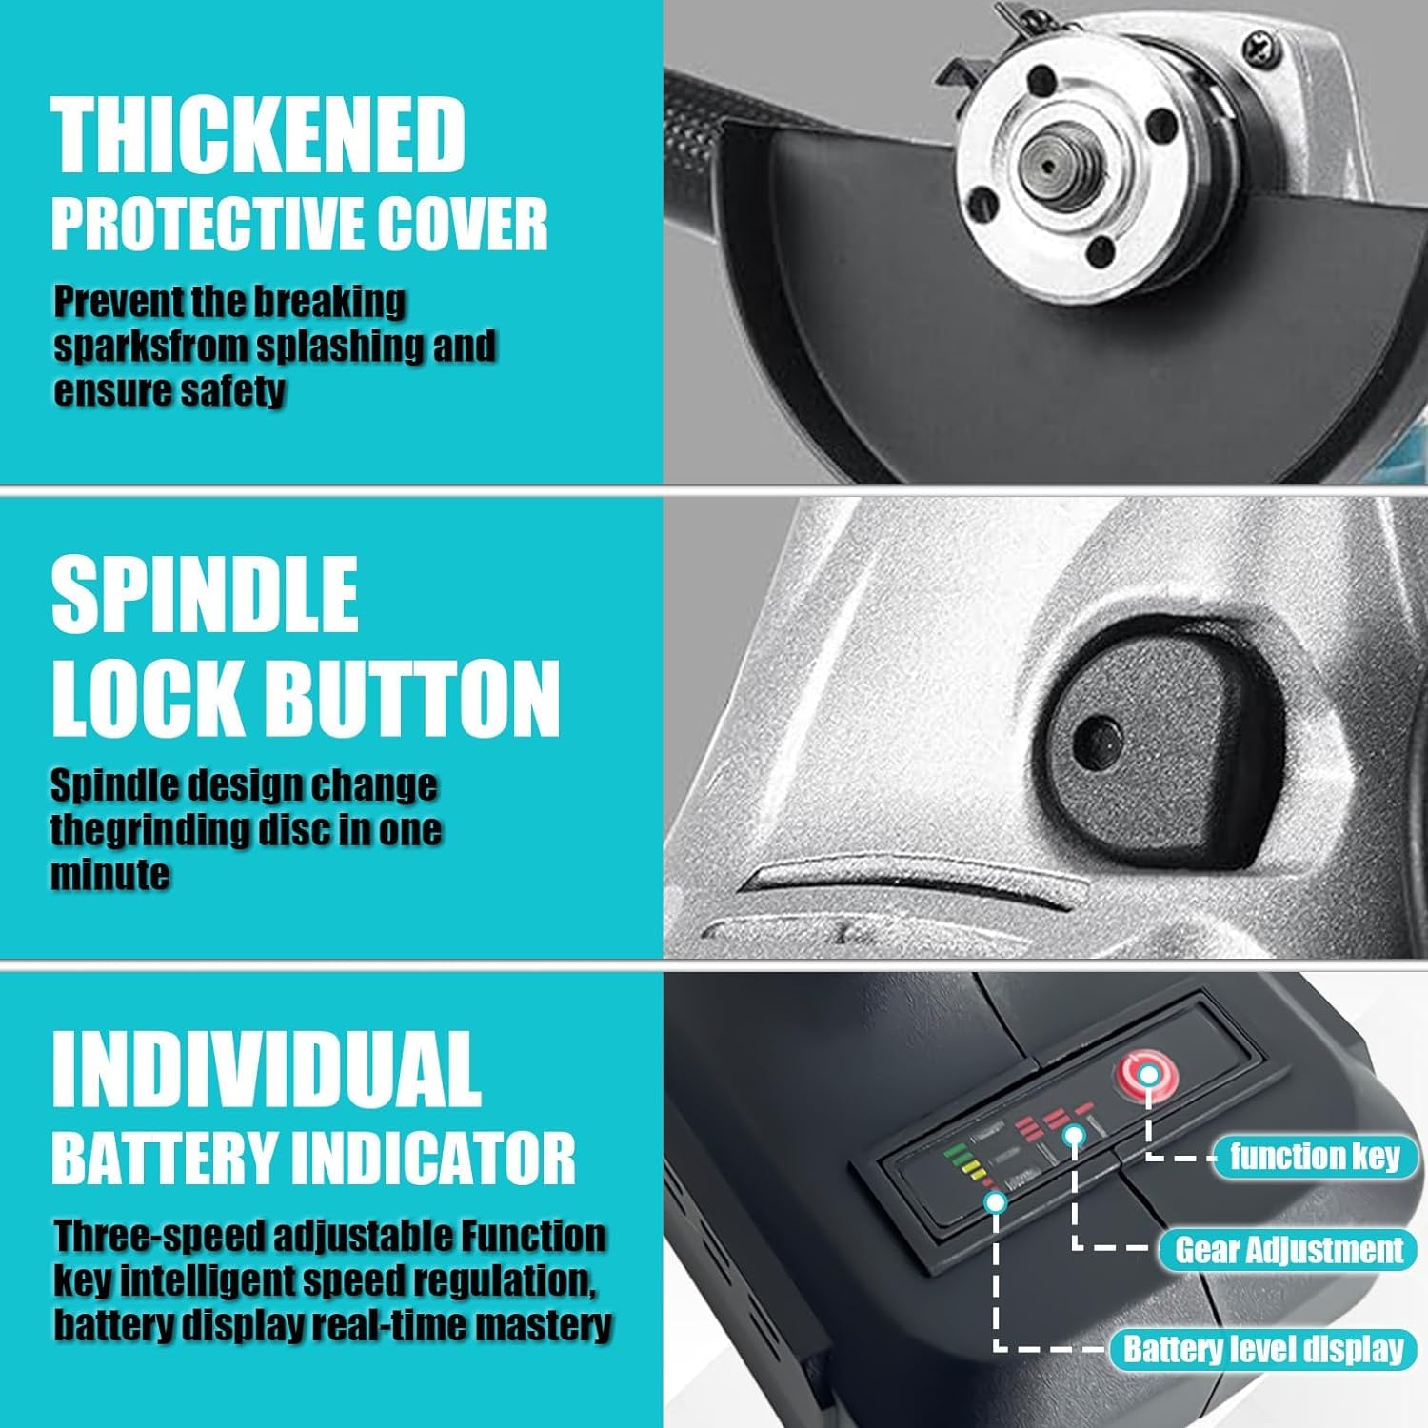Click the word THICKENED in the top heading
[x=258, y=136]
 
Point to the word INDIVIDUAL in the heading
[x=266, y=1068]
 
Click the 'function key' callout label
[x=1315, y=1157]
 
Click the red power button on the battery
[x=1147, y=1076]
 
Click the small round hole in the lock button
[x=1099, y=738]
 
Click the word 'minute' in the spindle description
[x=109, y=874]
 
